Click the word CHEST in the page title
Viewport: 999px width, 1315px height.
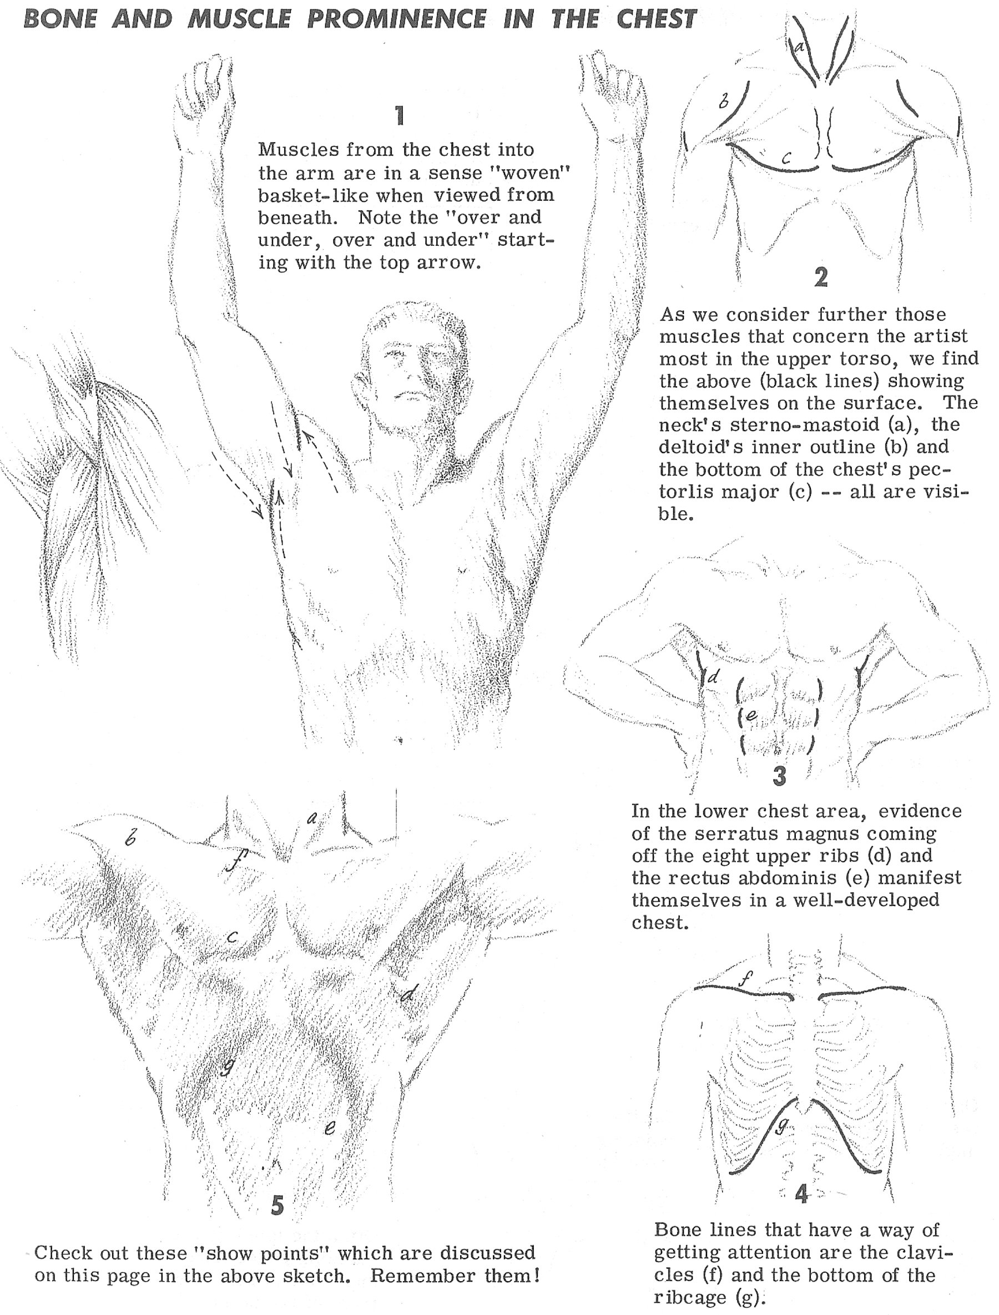coord(656,19)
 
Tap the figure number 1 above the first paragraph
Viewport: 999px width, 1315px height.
coord(400,115)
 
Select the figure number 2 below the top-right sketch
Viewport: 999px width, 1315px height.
coord(821,277)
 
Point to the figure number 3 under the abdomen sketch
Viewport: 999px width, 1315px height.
coord(779,776)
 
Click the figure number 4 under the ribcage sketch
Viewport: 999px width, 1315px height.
coord(801,1193)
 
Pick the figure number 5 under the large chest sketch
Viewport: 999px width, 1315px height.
coord(277,1205)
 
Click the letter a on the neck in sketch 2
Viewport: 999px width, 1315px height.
coord(800,45)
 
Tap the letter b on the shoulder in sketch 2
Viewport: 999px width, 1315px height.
coord(723,100)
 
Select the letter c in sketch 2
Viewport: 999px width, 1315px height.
coord(786,158)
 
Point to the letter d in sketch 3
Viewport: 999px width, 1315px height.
coord(714,676)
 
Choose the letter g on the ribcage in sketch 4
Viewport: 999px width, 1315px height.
coord(783,1123)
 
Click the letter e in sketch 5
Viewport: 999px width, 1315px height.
coord(330,1126)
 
